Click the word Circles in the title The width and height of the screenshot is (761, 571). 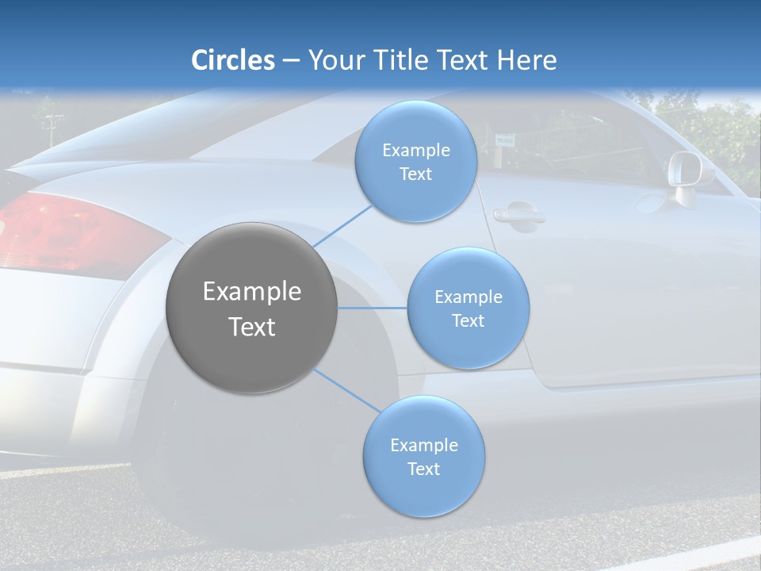click(x=232, y=60)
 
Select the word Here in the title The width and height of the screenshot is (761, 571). click(x=526, y=60)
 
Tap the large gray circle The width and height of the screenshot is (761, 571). click(x=251, y=308)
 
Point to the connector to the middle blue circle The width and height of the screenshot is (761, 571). click(x=372, y=308)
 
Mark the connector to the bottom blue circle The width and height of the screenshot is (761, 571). click(x=346, y=390)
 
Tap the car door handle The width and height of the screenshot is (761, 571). click(x=518, y=215)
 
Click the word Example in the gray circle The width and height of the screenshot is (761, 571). click(x=251, y=292)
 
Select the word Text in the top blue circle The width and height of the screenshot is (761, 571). click(x=415, y=174)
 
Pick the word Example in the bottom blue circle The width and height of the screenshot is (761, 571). click(x=423, y=445)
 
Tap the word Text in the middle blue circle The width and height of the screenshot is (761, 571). click(x=468, y=320)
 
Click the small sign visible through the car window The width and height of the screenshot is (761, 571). click(x=503, y=140)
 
